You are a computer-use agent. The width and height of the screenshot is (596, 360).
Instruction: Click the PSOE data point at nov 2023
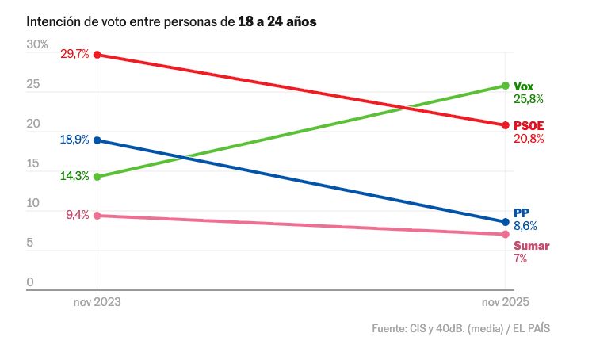tap(97, 55)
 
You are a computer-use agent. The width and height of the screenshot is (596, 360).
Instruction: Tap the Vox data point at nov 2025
tap(505, 86)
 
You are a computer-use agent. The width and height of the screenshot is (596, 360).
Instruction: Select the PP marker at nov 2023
tap(97, 140)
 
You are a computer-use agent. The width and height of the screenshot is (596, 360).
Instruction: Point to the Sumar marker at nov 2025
tap(505, 234)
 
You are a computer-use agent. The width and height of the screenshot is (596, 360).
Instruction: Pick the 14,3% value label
tap(74, 176)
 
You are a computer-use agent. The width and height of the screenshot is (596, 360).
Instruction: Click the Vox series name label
tap(523, 86)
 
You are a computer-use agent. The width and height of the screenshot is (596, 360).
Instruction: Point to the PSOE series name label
tap(529, 125)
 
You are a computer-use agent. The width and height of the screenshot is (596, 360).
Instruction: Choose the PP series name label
tap(521, 213)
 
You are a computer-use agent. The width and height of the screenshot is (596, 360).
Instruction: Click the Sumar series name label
tap(531, 246)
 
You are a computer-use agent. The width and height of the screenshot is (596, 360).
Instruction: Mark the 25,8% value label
tap(529, 100)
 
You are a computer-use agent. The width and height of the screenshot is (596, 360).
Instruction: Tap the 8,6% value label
tap(525, 226)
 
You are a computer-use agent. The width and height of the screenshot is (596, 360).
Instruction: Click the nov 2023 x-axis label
tap(97, 302)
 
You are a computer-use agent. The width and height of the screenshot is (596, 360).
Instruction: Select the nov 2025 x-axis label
tap(505, 302)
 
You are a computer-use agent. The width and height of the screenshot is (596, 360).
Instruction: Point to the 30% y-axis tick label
tap(37, 44)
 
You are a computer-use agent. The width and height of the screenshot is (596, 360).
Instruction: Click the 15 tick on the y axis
tap(32, 163)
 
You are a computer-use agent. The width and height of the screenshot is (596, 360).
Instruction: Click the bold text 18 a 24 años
tap(277, 21)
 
